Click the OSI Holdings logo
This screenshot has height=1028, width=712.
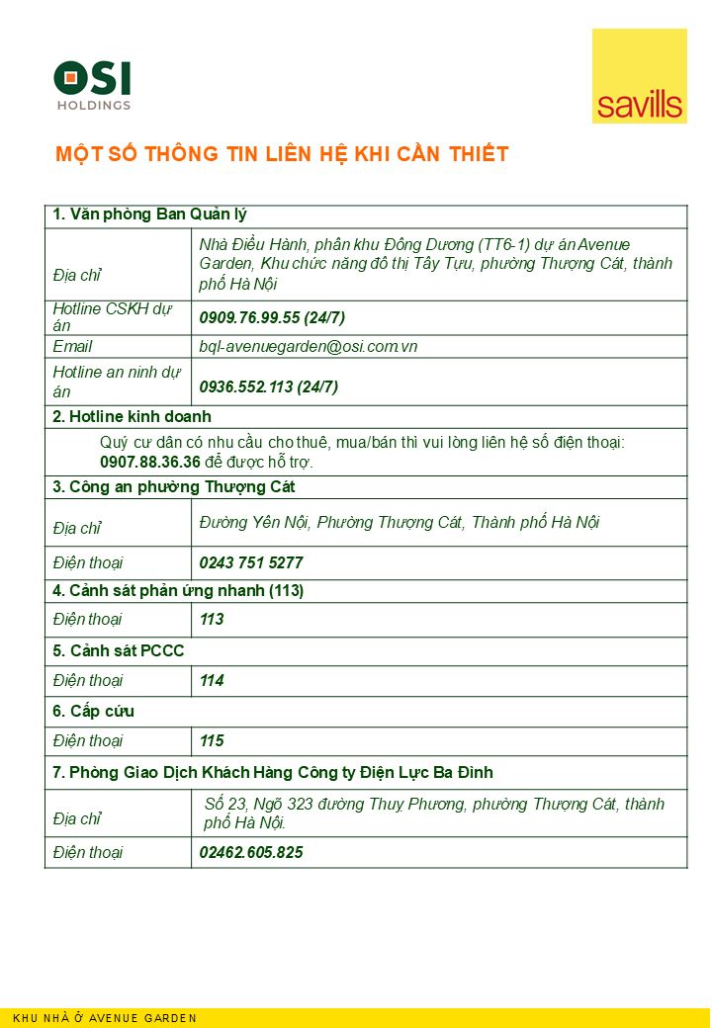tap(92, 85)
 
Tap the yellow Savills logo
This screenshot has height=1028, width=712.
tap(639, 76)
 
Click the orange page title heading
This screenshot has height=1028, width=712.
tap(282, 154)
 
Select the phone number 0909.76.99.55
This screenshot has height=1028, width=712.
tap(249, 317)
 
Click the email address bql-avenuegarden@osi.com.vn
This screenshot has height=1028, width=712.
tap(308, 347)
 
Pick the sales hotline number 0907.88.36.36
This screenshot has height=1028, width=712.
tap(150, 462)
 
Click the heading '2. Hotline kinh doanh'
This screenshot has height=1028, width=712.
tap(132, 417)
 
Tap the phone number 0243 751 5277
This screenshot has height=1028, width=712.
tap(251, 562)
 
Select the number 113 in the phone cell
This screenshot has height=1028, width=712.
tap(212, 620)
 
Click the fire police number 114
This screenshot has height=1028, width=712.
tap(212, 680)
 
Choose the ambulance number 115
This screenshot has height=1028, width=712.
tap(212, 740)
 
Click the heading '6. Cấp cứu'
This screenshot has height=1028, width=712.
tap(93, 712)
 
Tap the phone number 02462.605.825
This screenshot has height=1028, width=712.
tap(251, 852)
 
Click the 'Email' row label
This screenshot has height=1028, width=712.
tap(72, 347)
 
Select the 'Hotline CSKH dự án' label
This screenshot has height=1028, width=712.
tap(112, 317)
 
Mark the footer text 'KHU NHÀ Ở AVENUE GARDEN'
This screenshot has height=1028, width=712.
tap(105, 1018)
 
